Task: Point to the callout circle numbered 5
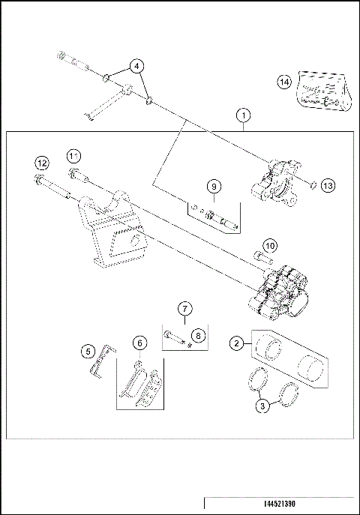pos(88,350)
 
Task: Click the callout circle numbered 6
pos(139,343)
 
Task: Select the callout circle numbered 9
pos(213,186)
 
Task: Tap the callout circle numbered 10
pos(269,245)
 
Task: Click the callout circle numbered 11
pos(73,155)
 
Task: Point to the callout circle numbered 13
pos(327,185)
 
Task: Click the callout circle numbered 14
pos(284,83)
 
